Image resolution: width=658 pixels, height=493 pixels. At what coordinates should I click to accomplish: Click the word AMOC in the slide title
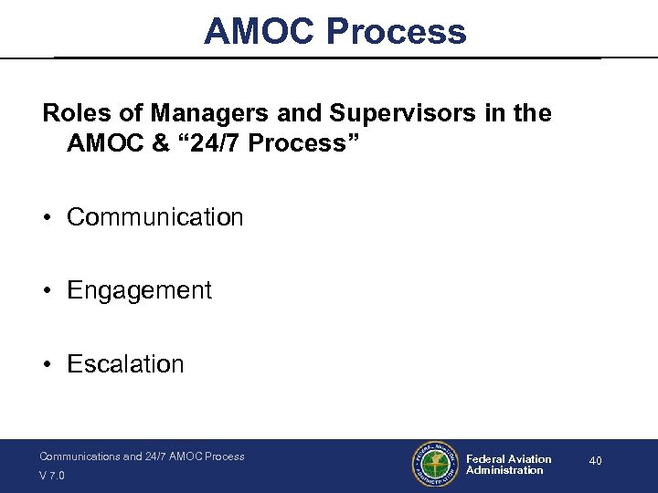[260, 32]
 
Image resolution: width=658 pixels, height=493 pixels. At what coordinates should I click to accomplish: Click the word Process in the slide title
[396, 32]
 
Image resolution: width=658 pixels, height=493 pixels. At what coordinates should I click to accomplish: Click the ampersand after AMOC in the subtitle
[152, 143]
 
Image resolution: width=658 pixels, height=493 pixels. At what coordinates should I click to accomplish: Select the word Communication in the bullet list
[154, 217]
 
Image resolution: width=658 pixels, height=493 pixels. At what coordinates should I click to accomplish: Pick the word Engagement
[139, 291]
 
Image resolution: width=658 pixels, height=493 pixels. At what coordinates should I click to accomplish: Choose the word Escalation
[125, 364]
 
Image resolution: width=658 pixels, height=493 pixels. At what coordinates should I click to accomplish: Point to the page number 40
[595, 461]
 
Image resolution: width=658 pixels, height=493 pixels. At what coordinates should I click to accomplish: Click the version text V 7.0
[53, 476]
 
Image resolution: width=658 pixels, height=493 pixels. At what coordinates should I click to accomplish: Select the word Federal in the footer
[486, 459]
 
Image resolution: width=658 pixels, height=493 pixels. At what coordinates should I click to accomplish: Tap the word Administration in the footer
[504, 471]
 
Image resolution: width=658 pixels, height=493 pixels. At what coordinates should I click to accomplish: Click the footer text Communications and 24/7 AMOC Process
[142, 456]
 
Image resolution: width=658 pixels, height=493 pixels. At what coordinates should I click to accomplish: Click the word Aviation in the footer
[531, 459]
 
